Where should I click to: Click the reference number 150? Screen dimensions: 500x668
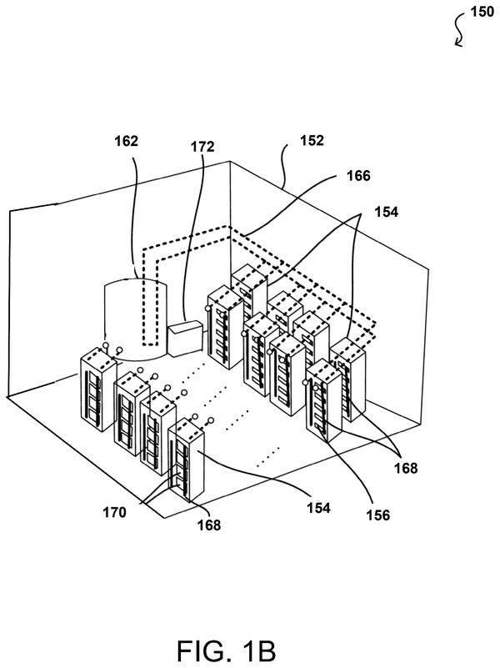coord(482,12)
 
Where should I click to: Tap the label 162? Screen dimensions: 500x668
coord(127,141)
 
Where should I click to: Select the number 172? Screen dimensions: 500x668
coord(202,147)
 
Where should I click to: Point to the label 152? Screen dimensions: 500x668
coord(312,141)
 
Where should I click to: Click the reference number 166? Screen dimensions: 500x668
coord(358,175)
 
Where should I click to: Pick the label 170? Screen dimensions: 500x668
coord(114,512)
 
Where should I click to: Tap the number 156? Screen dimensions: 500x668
coord(377,515)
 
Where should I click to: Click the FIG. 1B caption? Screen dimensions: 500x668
coord(227,650)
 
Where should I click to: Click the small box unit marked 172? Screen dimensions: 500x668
coord(185,339)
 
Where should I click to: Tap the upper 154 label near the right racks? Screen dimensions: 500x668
coord(386,212)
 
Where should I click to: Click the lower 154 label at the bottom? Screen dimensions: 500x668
coord(318,508)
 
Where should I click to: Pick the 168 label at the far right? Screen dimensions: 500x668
coord(406,468)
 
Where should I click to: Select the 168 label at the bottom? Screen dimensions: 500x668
coord(209,525)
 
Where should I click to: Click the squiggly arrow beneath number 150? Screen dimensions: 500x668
coord(458,29)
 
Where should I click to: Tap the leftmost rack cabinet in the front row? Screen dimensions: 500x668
coord(98,389)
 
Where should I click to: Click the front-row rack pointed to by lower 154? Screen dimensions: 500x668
coord(186,460)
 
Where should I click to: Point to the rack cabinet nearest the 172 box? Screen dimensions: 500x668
coord(225,327)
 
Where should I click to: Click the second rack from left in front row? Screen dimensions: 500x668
coord(132,414)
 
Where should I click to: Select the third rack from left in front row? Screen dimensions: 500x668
coord(157,434)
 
